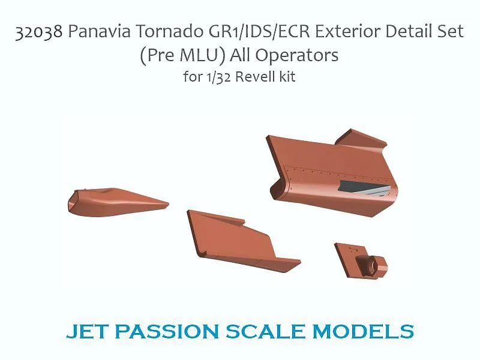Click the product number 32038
pos(38,32)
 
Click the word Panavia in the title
pos(100,31)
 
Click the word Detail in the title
pos(409,31)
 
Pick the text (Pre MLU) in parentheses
pos(183,56)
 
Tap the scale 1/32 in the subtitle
pos(219,77)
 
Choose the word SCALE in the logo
pos(265,332)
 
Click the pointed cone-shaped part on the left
pos(116,202)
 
